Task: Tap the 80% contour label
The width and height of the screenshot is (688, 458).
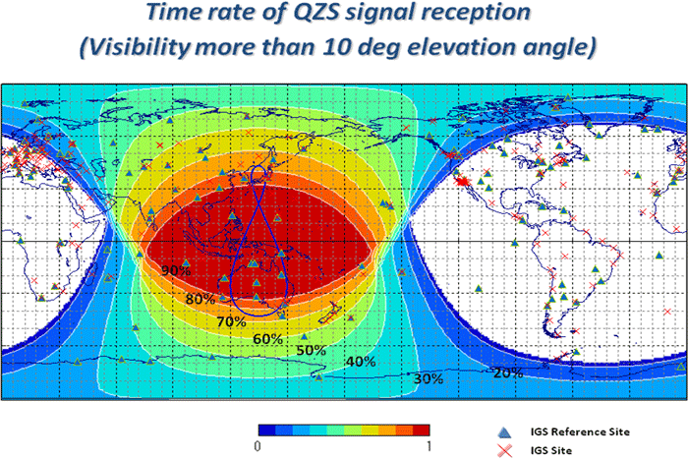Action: tap(200, 299)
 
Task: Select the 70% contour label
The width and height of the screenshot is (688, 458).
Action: tap(231, 321)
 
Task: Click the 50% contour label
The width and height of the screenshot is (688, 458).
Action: tap(311, 350)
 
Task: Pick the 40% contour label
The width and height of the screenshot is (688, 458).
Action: tap(362, 362)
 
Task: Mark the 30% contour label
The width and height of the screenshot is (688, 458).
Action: tap(429, 378)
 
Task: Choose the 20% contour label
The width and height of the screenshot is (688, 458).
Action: tap(507, 372)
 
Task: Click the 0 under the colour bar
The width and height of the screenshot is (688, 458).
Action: tap(257, 446)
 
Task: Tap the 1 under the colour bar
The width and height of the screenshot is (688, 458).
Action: tap(430, 446)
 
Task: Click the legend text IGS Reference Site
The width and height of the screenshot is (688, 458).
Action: tap(573, 431)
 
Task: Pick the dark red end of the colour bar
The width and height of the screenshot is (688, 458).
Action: tap(423, 429)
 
